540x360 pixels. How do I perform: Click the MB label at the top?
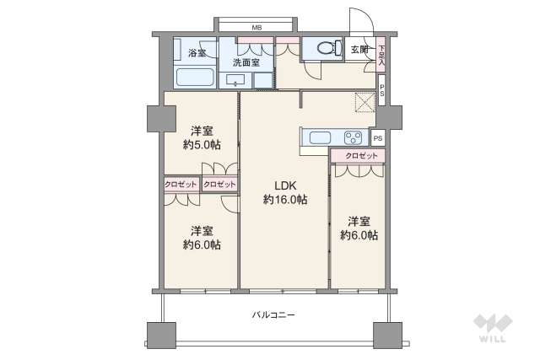(x=256, y=28)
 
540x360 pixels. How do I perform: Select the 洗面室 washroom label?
(x=246, y=62)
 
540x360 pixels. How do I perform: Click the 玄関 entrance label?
(x=360, y=50)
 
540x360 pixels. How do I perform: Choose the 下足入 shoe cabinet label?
(x=382, y=56)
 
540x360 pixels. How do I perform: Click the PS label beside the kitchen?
(x=377, y=137)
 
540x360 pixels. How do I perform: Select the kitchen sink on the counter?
(x=322, y=137)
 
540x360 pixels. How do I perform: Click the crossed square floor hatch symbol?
(x=365, y=101)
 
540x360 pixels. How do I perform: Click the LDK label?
(x=283, y=185)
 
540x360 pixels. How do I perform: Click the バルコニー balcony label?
(x=273, y=314)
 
